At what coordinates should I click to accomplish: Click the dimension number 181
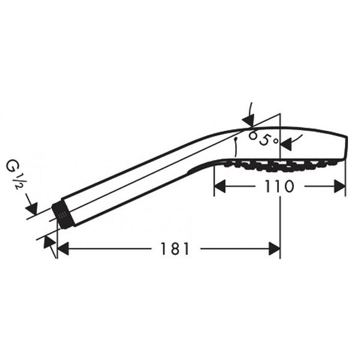175,248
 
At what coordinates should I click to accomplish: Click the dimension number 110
279,186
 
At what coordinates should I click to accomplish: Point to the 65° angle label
264,139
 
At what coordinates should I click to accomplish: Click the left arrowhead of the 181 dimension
63,248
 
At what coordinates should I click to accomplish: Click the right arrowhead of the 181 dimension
274,248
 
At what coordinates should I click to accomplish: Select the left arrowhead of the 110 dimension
220,186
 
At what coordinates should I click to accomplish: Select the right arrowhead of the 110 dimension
340,186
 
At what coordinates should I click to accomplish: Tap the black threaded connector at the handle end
62,216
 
